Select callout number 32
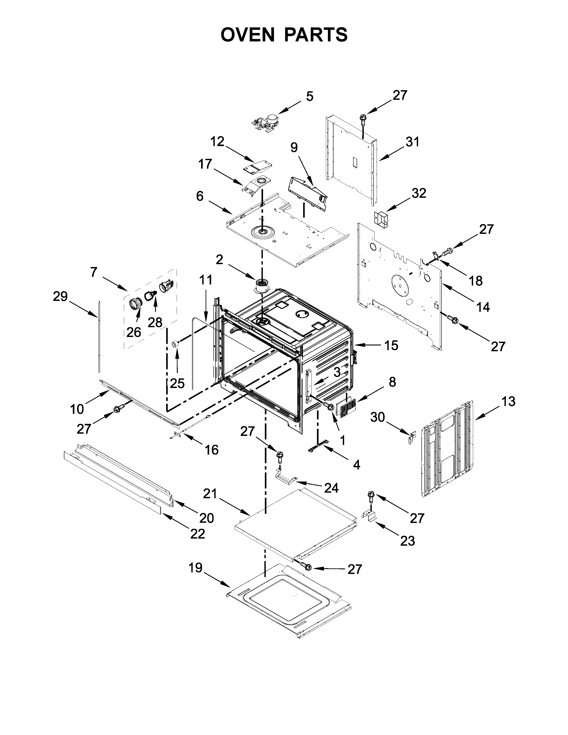point(419,193)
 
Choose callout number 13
point(508,402)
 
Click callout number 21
point(210,494)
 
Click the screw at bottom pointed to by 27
point(307,567)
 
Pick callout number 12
point(217,142)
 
